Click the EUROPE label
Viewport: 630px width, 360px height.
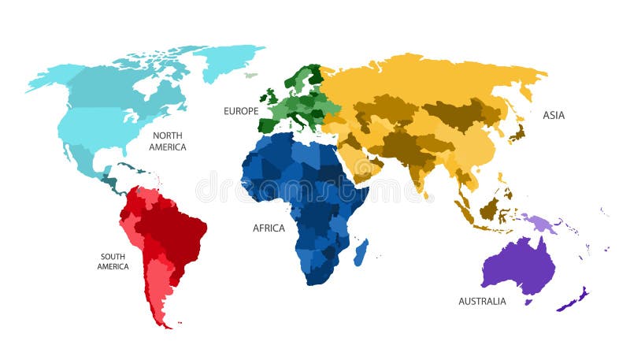[241, 112]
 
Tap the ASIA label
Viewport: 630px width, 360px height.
[554, 115]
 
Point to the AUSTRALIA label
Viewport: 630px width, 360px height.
[482, 301]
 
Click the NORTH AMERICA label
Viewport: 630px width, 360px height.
[169, 141]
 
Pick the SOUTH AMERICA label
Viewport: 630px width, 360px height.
[113, 261]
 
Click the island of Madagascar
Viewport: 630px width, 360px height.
[361, 253]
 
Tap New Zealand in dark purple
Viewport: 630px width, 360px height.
[573, 300]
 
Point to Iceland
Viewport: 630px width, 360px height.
[250, 76]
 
